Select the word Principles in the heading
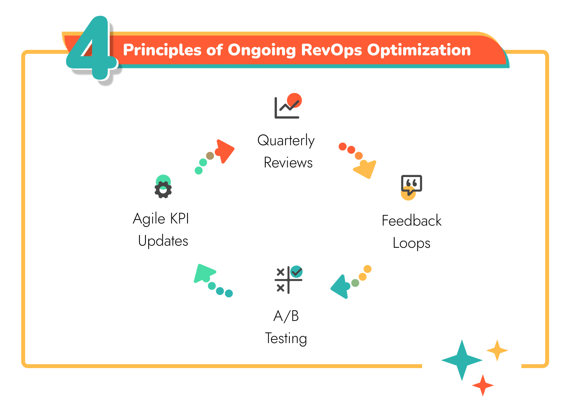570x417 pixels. click(x=162, y=50)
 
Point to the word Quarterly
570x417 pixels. click(x=286, y=141)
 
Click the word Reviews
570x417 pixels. click(x=288, y=163)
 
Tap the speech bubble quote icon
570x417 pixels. click(x=411, y=186)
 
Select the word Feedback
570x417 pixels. click(x=411, y=221)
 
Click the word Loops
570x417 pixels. click(x=411, y=243)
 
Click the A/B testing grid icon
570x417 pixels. click(x=288, y=280)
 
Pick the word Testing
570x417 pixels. click(x=286, y=338)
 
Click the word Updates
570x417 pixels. click(x=163, y=241)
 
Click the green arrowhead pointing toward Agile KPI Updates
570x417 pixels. click(x=204, y=273)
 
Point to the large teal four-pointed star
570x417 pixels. click(x=462, y=360)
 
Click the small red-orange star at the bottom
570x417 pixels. click(x=483, y=385)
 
